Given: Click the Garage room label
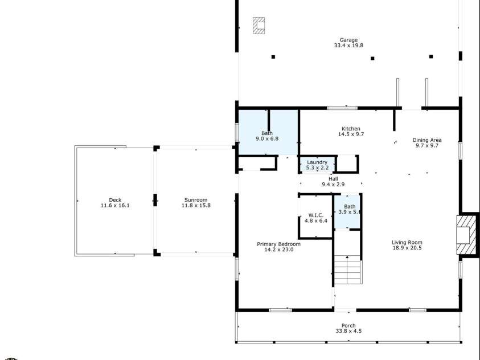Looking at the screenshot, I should pos(349,40).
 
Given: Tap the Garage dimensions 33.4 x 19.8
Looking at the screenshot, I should pos(349,46).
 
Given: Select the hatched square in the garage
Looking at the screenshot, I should pos(260,26).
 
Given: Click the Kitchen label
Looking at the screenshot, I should pos(351,129).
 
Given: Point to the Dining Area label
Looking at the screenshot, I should pos(427,140).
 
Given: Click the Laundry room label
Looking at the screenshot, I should pos(317,162).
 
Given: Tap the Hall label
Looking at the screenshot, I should pos(333,178).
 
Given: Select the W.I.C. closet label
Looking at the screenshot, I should pos(316,215).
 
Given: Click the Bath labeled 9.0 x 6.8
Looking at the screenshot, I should pos(267,133).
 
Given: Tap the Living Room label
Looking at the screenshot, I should pos(407,242).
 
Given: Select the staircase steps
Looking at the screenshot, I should pos(347,270).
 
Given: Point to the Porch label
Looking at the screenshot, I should pos(349,325).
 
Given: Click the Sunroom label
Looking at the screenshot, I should pos(196,200).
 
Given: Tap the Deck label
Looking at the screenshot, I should pos(115,200).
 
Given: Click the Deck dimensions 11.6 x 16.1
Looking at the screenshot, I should pos(115,206).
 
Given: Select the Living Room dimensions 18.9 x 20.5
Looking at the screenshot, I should pos(407,248).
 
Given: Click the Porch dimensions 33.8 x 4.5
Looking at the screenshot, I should pos(349,331).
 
